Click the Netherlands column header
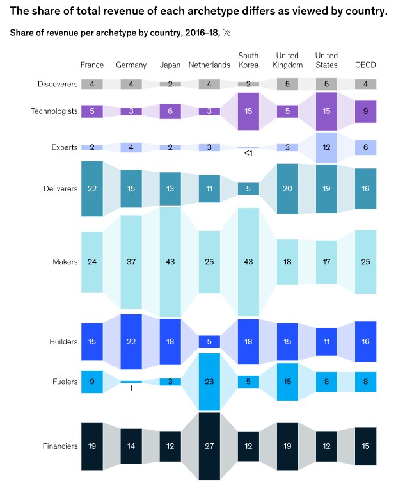pyautogui.click(x=209, y=65)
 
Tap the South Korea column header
pyautogui.click(x=248, y=60)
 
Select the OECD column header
pyautogui.click(x=365, y=65)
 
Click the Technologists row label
pyautogui.click(x=54, y=111)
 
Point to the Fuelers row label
pyautogui.click(x=65, y=382)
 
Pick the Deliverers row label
pyautogui.click(x=60, y=189)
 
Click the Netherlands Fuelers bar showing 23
pyautogui.click(x=209, y=382)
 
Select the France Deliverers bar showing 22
pyautogui.click(x=92, y=189)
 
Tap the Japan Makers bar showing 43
pyautogui.click(x=170, y=262)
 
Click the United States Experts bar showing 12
pyautogui.click(x=326, y=147)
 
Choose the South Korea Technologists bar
pyautogui.click(x=248, y=111)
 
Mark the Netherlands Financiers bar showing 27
pyautogui.click(x=209, y=446)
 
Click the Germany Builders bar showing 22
pyautogui.click(x=131, y=342)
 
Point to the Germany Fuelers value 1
pyautogui.click(x=131, y=389)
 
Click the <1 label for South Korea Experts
pyautogui.click(x=248, y=153)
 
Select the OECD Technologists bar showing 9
pyautogui.click(x=365, y=111)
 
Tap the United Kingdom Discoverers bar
pyautogui.click(x=287, y=84)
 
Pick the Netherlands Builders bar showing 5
pyautogui.click(x=209, y=342)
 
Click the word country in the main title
pyautogui.click(x=366, y=11)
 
